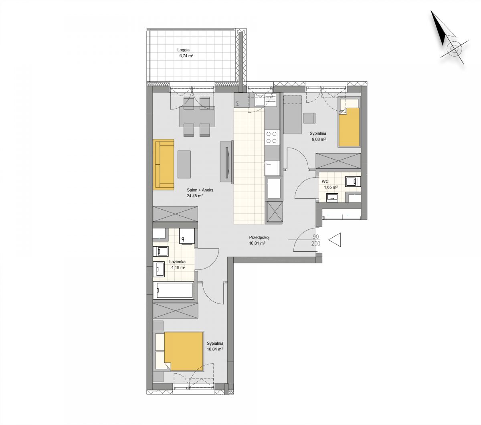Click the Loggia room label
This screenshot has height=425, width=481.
point(183,50)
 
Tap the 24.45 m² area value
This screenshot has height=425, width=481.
point(195,196)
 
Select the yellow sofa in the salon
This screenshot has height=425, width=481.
point(164,164)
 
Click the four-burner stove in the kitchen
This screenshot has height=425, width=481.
point(271,137)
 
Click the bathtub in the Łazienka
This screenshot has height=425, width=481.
point(173,290)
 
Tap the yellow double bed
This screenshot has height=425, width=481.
point(184,351)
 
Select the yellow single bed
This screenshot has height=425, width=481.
point(349,127)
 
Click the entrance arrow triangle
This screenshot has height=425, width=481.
point(335,240)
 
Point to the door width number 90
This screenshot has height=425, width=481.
point(316,237)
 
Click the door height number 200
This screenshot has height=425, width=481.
point(316,244)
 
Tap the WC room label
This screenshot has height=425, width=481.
point(325,182)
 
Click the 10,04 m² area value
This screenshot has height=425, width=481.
point(214,349)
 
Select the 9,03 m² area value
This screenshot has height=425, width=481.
point(319,140)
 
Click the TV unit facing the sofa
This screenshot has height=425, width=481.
point(226,162)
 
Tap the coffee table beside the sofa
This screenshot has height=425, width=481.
point(184,164)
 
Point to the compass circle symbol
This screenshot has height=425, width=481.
point(454,49)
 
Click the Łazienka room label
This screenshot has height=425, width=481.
point(177,261)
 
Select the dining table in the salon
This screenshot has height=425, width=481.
point(197,117)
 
